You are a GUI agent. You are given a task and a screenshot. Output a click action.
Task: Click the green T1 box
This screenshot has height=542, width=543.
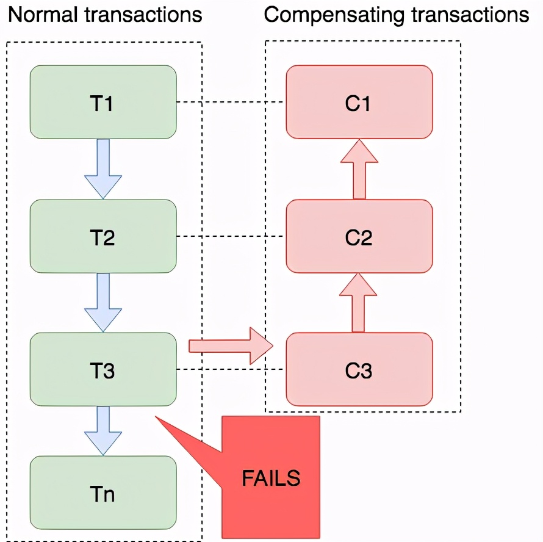103,102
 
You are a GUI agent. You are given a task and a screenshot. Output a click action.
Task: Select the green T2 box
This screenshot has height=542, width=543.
103,236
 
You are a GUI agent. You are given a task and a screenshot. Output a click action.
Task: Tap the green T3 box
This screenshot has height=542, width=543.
103,369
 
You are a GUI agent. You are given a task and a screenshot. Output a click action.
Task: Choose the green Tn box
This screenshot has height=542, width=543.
103,493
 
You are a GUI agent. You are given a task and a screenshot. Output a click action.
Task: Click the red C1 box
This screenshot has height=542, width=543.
359,102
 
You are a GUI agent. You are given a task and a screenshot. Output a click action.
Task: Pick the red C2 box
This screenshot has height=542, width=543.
359,236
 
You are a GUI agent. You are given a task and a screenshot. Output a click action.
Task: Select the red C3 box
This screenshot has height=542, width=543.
359,369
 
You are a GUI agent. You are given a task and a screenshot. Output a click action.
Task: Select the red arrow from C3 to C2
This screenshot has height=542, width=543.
359,303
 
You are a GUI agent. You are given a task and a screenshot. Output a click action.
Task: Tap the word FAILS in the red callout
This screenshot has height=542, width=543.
271,478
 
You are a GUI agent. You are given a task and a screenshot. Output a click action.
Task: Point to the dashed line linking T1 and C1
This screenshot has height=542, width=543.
232,102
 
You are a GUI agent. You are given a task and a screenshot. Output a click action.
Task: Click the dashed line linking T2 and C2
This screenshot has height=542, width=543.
232,236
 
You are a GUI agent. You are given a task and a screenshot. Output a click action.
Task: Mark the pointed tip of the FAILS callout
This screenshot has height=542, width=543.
157,417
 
